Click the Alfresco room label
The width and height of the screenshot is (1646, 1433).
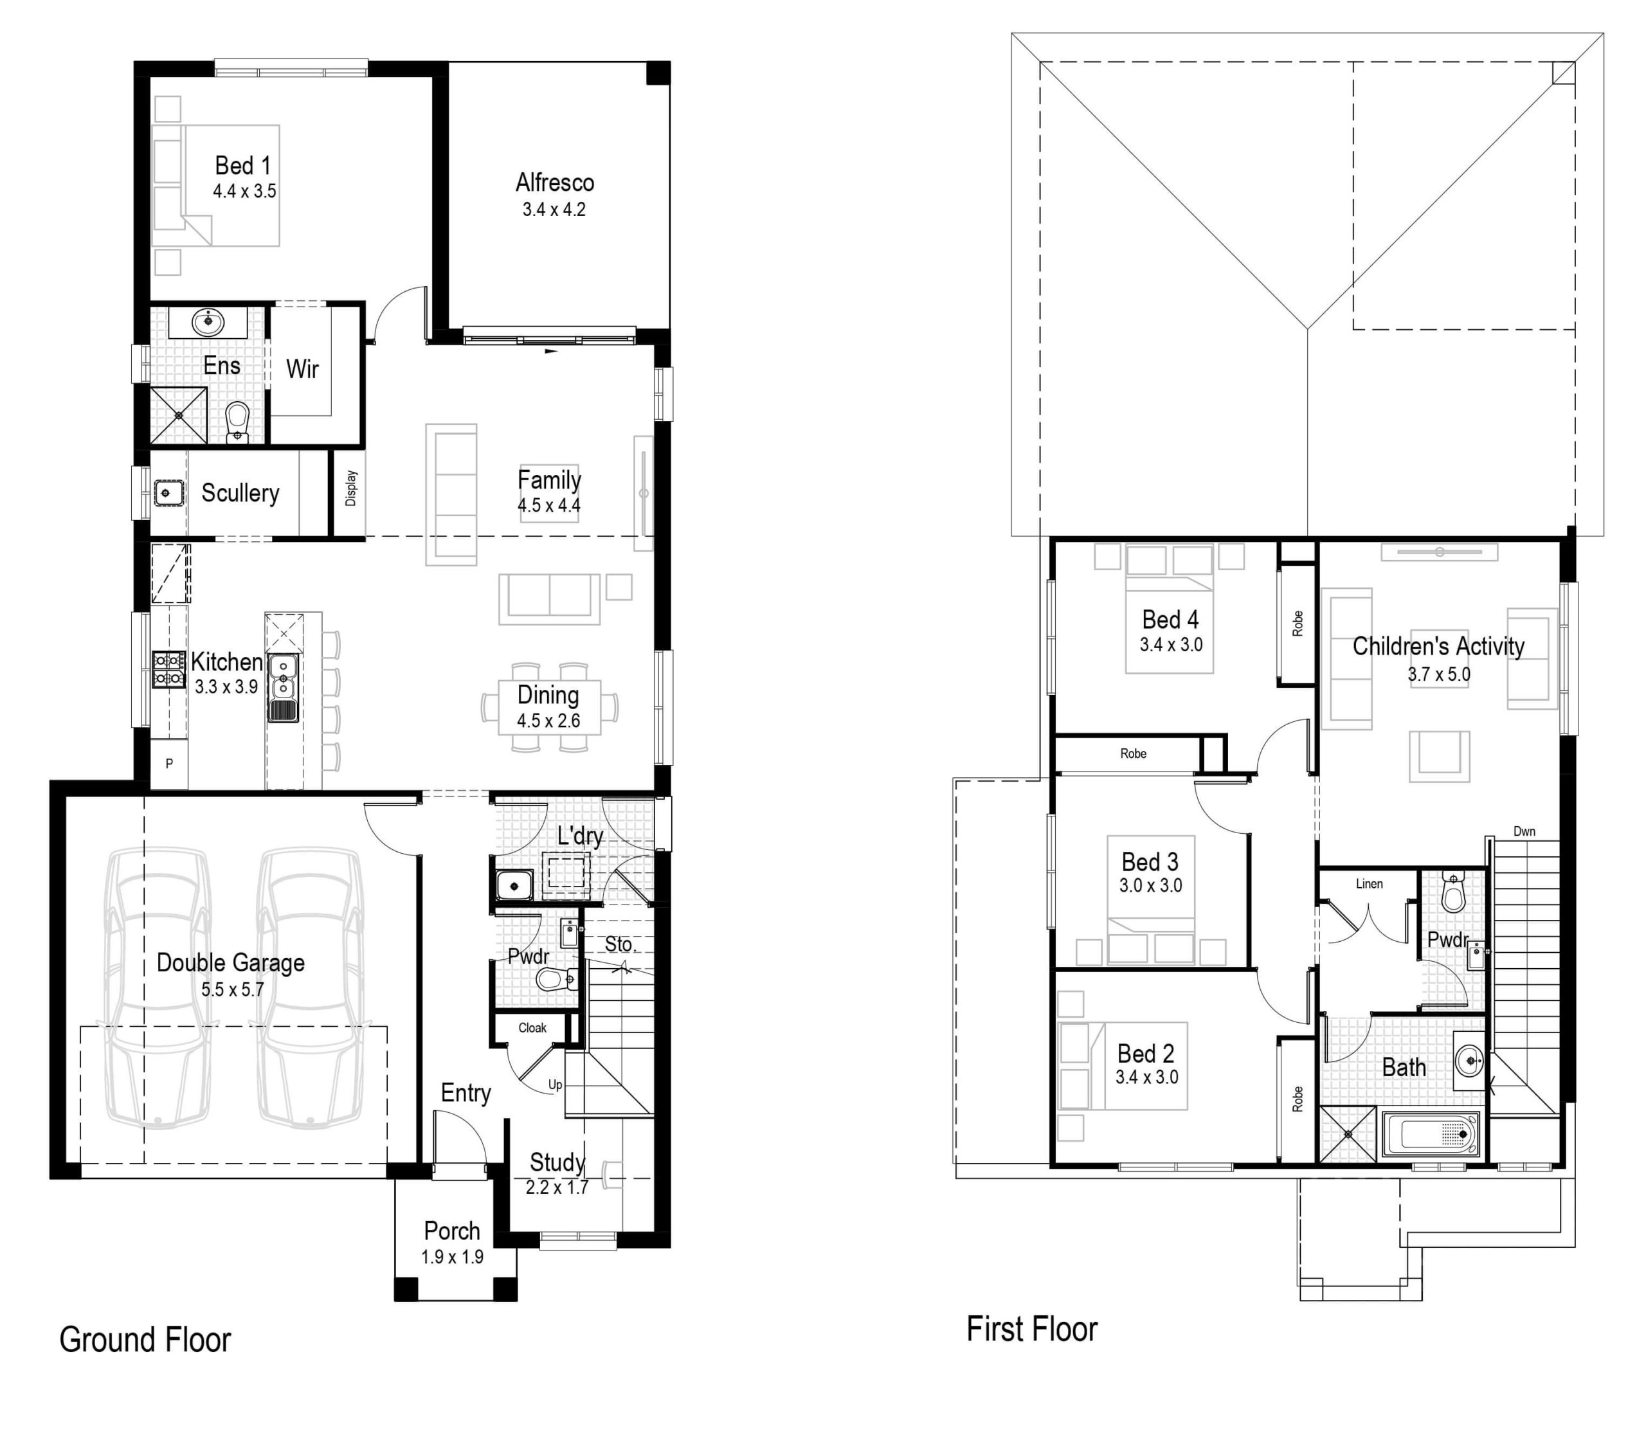pos(554,183)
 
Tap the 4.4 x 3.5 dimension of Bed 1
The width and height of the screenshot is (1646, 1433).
pos(244,191)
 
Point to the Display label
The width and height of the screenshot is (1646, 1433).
pos(351,488)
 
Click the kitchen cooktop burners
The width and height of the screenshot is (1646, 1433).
pos(168,669)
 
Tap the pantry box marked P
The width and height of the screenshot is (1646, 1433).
pos(168,764)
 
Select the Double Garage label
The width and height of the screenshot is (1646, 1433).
pos(230,963)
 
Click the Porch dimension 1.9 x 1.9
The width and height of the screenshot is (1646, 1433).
pos(452,1257)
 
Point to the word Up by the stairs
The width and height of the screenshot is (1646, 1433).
pos(555,1085)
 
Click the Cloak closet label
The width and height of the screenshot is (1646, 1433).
pos(532,1027)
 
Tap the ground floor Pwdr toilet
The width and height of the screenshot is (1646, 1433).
pos(555,978)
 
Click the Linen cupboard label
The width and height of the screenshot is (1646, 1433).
pos(1368,883)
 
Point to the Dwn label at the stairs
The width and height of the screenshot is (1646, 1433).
pos(1524,832)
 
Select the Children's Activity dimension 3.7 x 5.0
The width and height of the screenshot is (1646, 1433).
pos(1438,674)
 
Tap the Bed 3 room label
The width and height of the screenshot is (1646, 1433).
pos(1150,862)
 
